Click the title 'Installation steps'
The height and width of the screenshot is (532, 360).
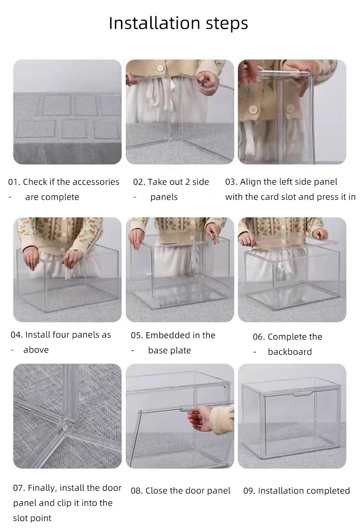click(178, 23)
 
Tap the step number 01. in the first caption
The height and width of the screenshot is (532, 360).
click(14, 182)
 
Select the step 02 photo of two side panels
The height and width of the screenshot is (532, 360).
click(180, 111)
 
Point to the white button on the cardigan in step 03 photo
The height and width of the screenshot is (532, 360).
click(251, 110)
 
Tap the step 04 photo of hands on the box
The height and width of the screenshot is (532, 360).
click(67, 269)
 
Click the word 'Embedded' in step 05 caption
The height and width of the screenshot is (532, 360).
click(167, 335)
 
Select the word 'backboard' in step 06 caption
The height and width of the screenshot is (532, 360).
click(289, 352)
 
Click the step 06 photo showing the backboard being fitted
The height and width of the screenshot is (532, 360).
click(292, 269)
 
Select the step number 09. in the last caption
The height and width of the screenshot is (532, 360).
click(249, 491)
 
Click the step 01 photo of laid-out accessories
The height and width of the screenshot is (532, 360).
click(67, 111)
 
